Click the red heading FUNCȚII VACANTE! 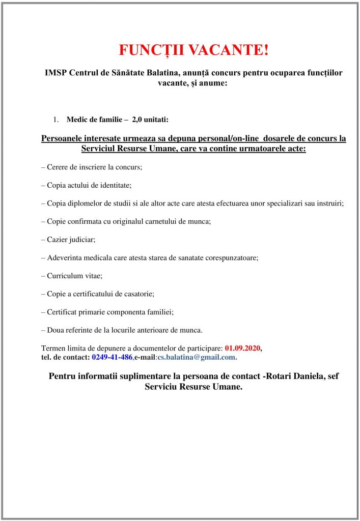[193, 50]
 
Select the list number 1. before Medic [56, 120]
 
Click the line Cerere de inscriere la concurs [92, 167]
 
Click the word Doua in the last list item [56, 330]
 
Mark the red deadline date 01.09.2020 [242, 348]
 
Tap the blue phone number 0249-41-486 [112, 357]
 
